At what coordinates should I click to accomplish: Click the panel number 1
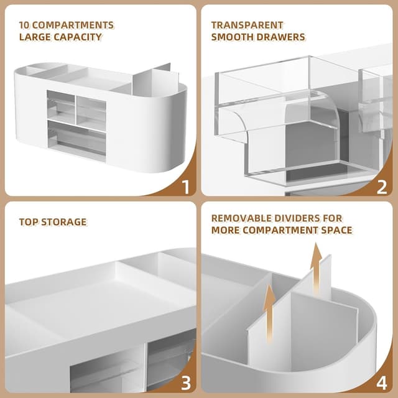click(x=187, y=187)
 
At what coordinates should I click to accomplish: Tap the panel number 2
click(x=382, y=187)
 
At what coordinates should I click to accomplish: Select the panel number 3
click(x=186, y=383)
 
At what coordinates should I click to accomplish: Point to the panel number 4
click(x=381, y=383)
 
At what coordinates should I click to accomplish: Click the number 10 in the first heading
click(x=25, y=25)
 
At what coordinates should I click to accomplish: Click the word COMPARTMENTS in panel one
click(x=73, y=25)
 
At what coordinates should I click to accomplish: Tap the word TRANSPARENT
click(x=248, y=25)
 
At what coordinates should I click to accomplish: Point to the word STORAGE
click(x=64, y=222)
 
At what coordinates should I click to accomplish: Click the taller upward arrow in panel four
click(x=316, y=269)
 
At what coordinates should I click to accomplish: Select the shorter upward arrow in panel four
click(x=269, y=313)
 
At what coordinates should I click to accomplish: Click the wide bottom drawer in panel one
click(x=76, y=137)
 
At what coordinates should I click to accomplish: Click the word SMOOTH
click(x=233, y=37)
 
